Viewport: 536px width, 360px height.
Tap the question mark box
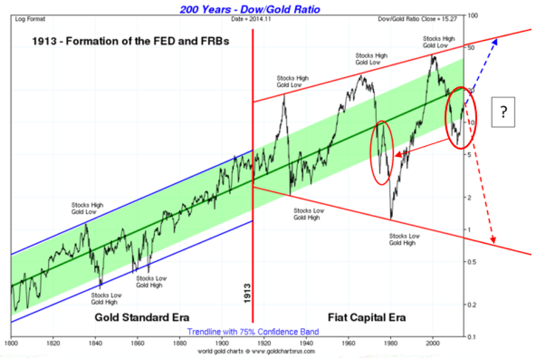click(x=503, y=111)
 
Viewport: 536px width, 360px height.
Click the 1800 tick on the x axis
click(x=11, y=343)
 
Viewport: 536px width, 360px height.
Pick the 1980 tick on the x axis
click(x=391, y=343)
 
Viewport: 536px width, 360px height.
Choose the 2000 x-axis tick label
click(x=433, y=343)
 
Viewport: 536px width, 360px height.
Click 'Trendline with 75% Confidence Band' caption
click(x=253, y=331)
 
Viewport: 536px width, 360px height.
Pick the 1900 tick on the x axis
click(x=222, y=343)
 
